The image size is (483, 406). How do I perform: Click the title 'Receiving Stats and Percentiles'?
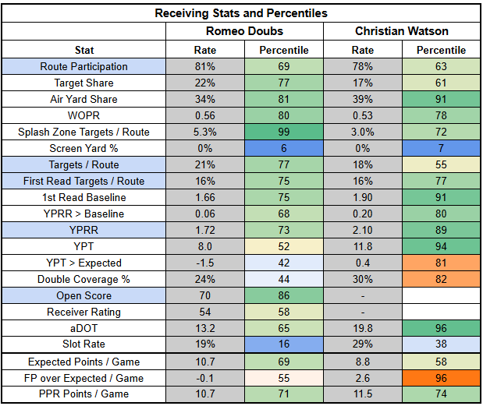pos(241,13)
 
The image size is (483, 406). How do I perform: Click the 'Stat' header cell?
pos(84,50)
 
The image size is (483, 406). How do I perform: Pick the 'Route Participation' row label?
pos(84,66)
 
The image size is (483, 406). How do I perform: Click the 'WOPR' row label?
pos(84,115)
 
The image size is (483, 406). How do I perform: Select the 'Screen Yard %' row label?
pos(84,148)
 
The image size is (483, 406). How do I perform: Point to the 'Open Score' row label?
pos(84,296)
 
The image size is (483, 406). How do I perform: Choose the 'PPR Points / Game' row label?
pos(84,394)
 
